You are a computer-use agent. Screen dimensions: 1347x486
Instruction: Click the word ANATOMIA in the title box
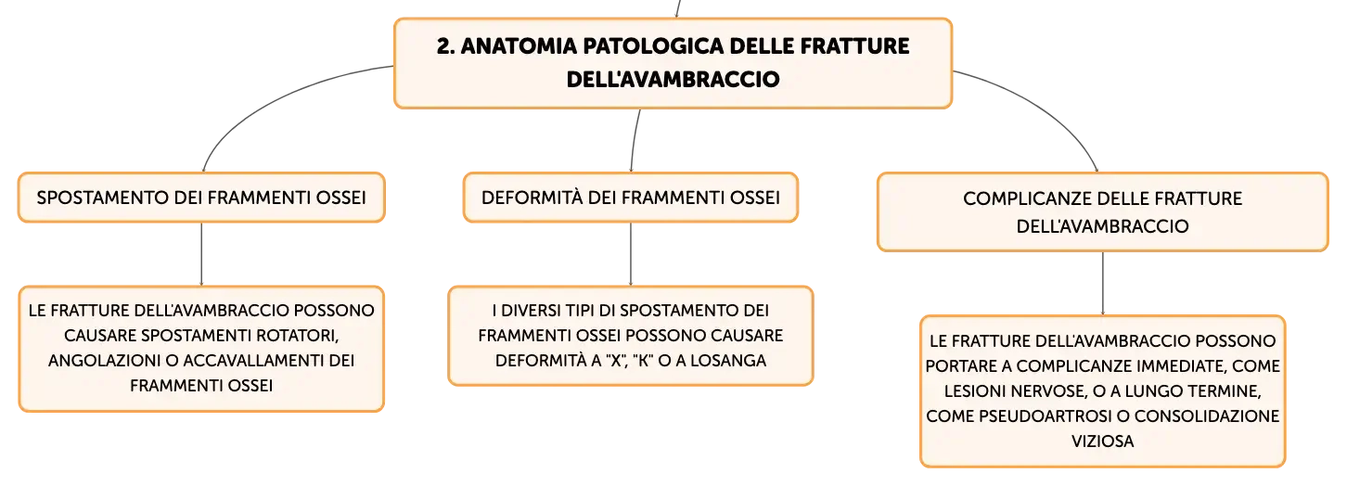point(519,46)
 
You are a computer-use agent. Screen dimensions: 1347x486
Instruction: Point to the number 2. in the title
point(445,46)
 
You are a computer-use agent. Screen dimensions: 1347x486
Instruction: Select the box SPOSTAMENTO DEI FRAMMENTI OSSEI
point(201,198)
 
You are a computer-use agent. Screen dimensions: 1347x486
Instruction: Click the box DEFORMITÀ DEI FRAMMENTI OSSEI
point(630,198)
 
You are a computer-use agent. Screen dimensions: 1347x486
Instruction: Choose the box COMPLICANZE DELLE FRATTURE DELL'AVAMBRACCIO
point(1102,211)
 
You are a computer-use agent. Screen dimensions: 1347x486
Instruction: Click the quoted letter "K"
point(644,360)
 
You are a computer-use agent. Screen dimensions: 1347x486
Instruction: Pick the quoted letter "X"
point(616,360)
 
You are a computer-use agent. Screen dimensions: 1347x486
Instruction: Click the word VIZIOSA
point(1102,441)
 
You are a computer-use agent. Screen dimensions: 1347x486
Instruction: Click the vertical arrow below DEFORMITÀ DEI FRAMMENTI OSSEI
point(630,254)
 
